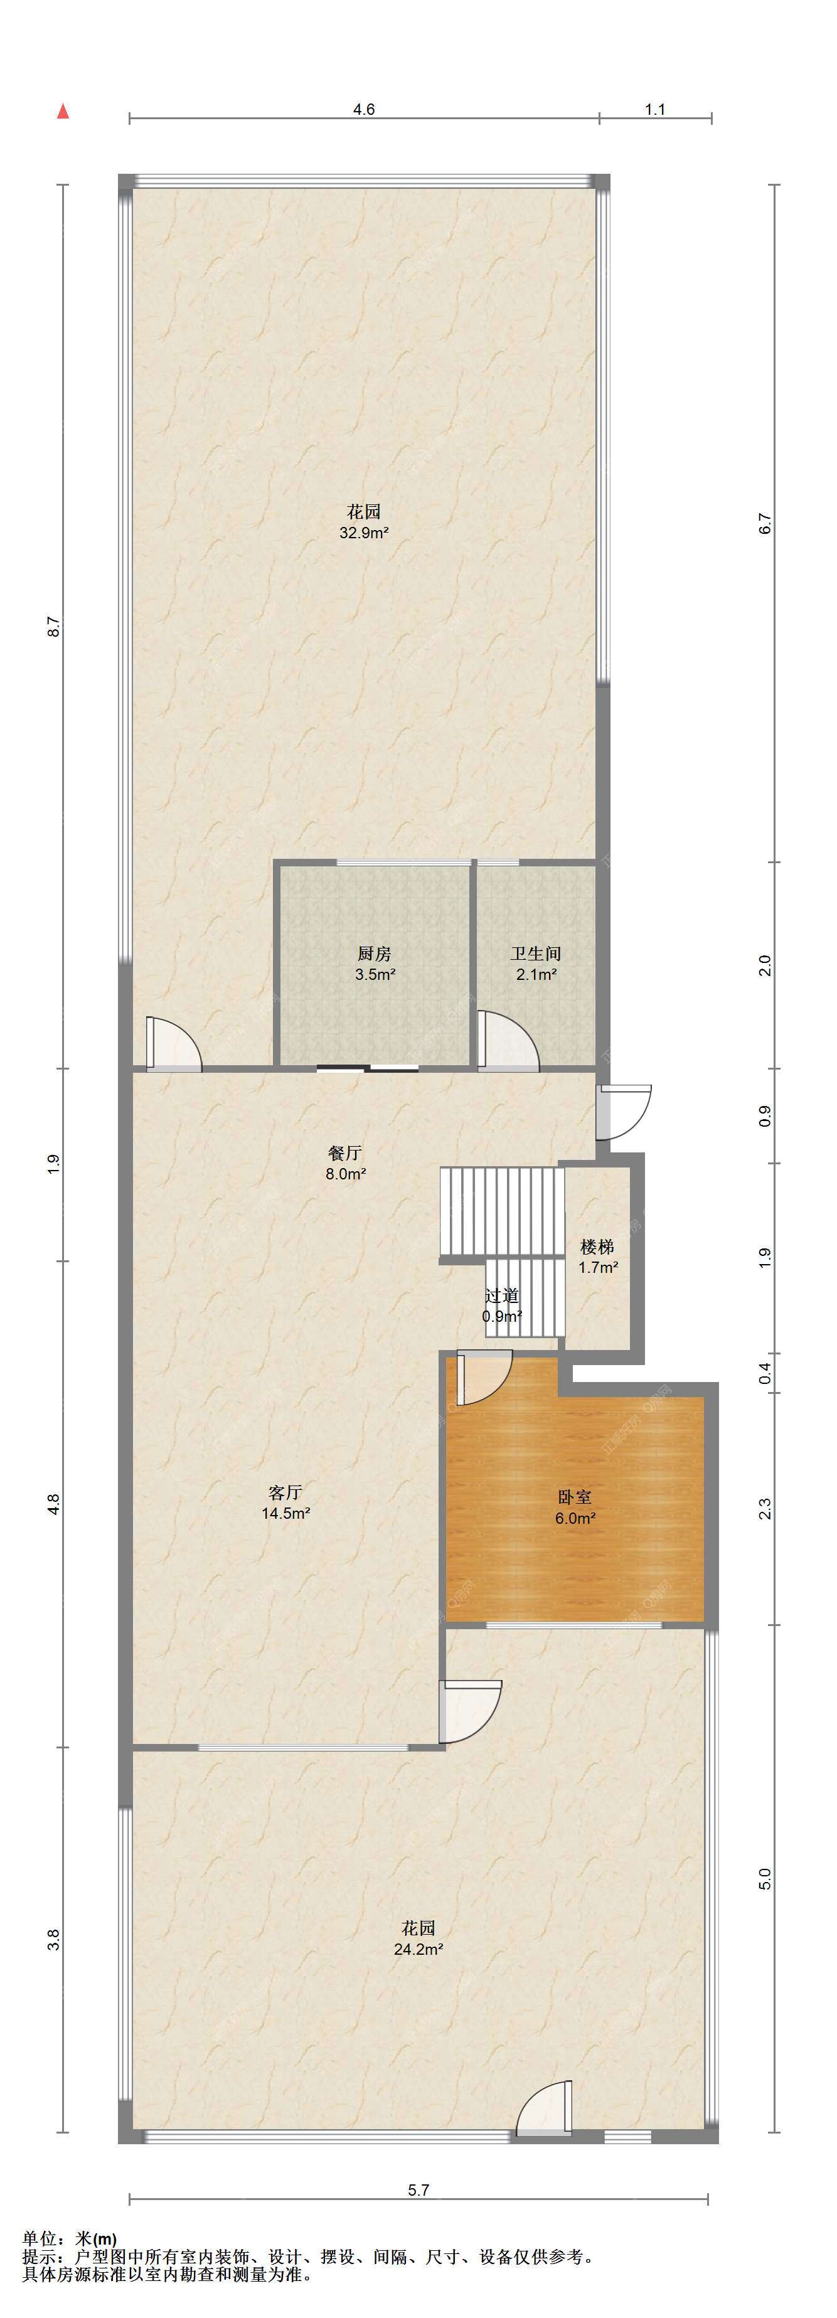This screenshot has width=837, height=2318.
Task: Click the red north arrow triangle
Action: point(63,112)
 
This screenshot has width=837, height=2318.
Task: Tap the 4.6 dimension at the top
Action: point(364,109)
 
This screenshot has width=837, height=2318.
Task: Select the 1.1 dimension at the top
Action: point(655,109)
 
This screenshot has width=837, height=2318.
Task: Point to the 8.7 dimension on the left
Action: point(54,626)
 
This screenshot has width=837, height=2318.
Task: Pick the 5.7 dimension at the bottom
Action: point(418,2190)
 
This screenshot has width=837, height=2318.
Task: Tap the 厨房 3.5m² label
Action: point(375,964)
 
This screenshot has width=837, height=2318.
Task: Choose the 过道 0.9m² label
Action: point(502,1305)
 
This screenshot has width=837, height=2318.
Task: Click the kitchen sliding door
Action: point(367,1068)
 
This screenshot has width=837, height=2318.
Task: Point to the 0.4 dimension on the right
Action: point(765,1373)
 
